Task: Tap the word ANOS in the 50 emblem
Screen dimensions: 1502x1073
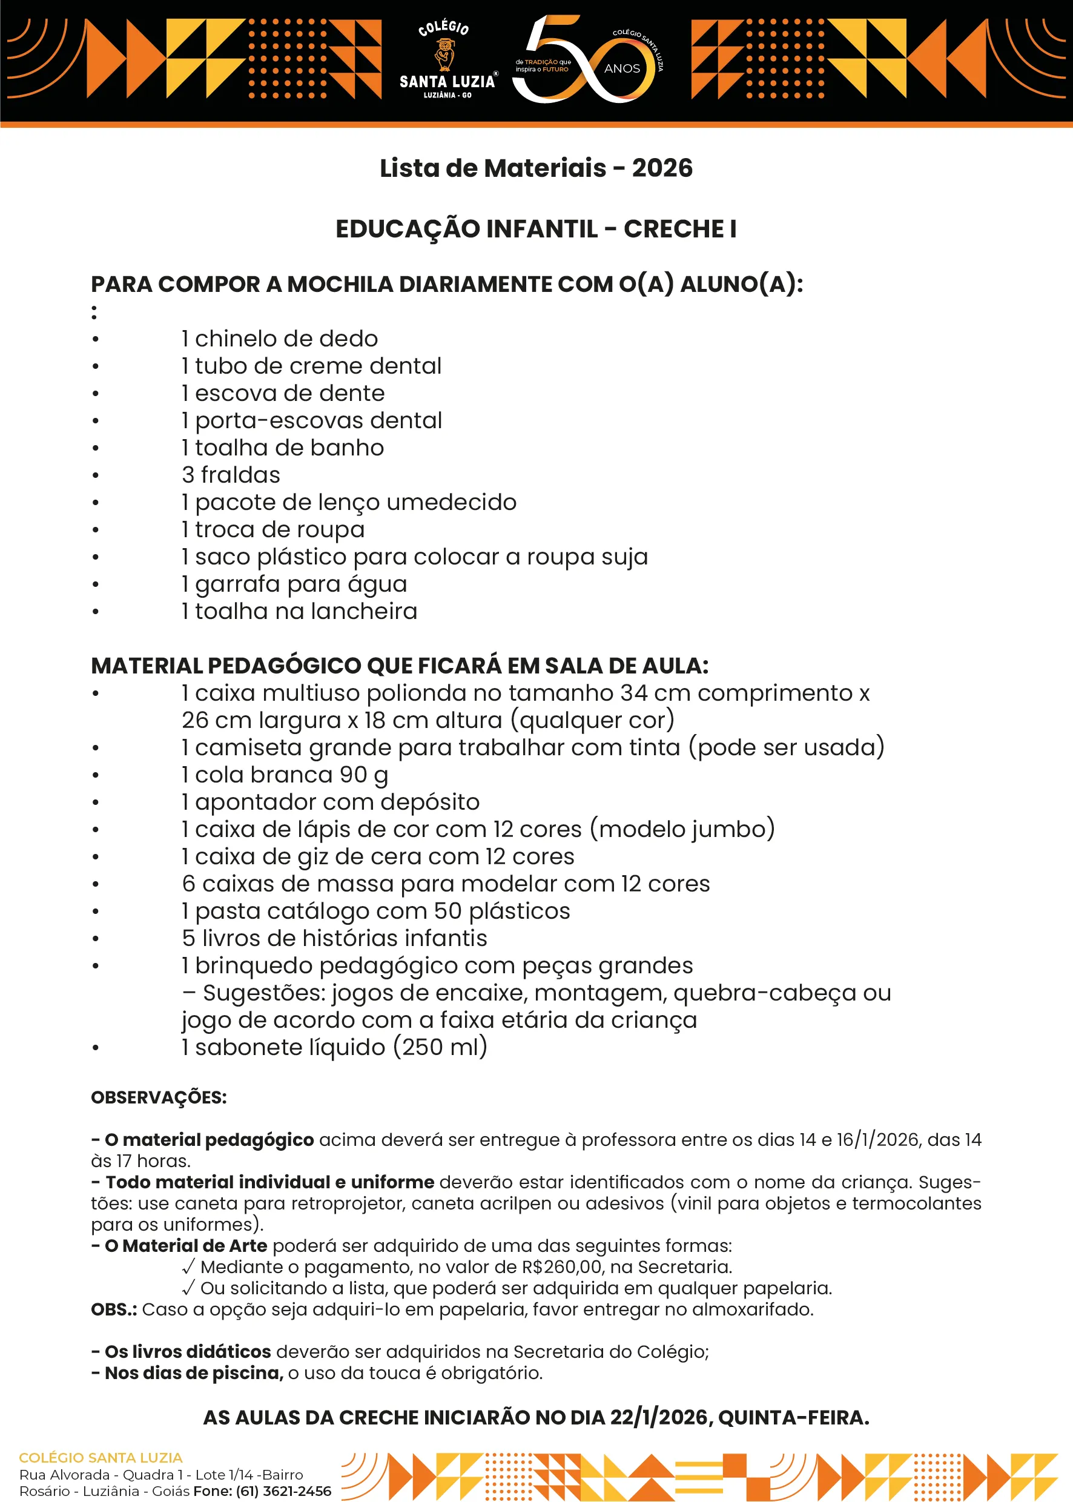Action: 622,68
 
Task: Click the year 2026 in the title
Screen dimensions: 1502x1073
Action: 662,168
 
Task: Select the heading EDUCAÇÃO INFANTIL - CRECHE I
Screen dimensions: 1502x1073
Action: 536,230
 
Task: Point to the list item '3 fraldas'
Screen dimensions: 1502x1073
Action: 231,475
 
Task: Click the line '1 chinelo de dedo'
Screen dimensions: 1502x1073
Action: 280,339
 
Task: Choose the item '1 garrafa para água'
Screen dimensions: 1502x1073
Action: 294,584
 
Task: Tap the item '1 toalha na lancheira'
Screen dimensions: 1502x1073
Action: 299,611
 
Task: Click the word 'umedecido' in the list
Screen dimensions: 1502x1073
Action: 451,502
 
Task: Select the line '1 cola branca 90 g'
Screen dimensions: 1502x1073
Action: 285,775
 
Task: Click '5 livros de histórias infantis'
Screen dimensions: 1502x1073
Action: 334,938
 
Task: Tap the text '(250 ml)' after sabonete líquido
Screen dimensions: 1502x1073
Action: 440,1047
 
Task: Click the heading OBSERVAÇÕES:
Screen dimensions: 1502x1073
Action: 159,1097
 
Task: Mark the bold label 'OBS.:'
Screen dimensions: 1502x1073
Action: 114,1309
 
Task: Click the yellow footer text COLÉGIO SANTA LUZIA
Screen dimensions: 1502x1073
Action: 101,1457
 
